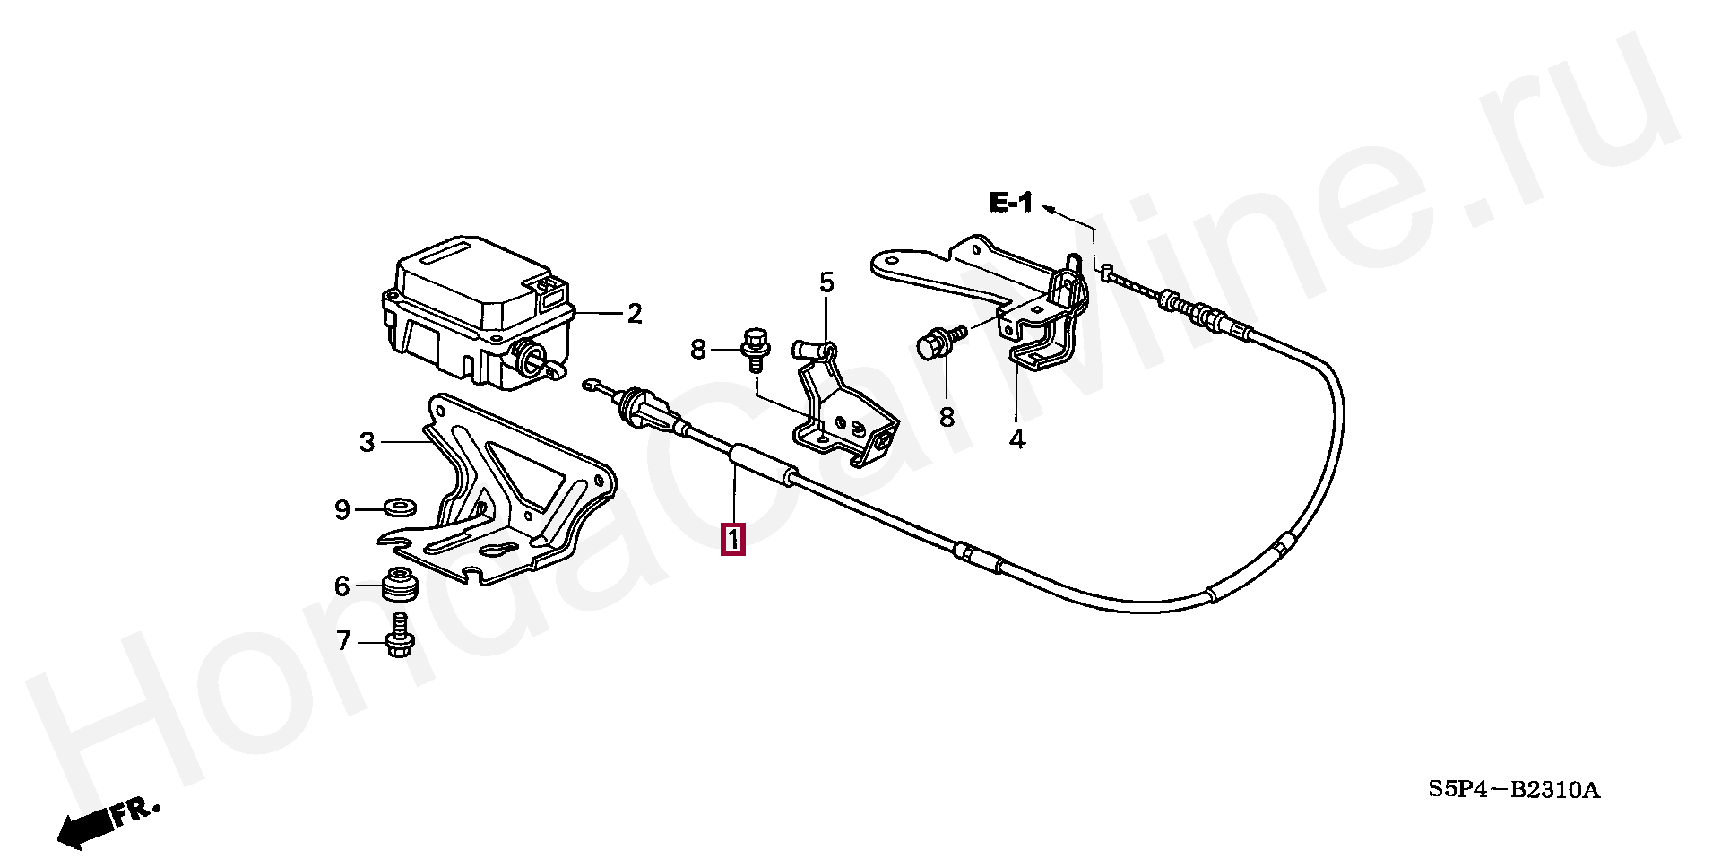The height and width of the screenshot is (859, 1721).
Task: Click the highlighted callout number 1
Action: pos(733,541)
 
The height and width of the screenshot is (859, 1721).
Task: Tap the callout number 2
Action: pos(635,314)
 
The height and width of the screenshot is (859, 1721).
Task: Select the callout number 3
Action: pos(367,442)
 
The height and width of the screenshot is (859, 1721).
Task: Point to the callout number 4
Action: pos(1016,440)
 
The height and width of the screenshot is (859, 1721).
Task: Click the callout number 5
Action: pos(826,283)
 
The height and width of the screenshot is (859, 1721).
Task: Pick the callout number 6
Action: pos(342,586)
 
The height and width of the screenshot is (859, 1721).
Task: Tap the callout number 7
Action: pos(342,642)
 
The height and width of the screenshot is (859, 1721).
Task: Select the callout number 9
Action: pos(342,510)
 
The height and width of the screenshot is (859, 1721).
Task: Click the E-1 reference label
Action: pos(1011,203)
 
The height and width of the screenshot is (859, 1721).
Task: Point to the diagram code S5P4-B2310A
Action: pos(1514,790)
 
